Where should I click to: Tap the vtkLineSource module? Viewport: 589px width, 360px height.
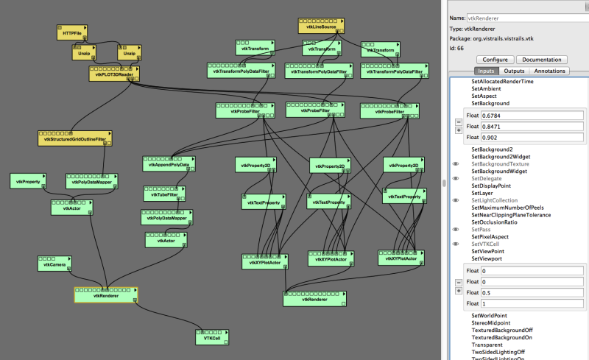coord(320,27)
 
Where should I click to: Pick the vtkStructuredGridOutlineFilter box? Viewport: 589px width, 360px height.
coord(74,138)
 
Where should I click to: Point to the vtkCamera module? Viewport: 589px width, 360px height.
coord(53,265)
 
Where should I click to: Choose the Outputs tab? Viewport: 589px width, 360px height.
coord(514,71)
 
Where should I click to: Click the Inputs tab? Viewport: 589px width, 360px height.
coord(486,71)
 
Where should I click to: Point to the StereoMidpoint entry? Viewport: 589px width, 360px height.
coord(493,322)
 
